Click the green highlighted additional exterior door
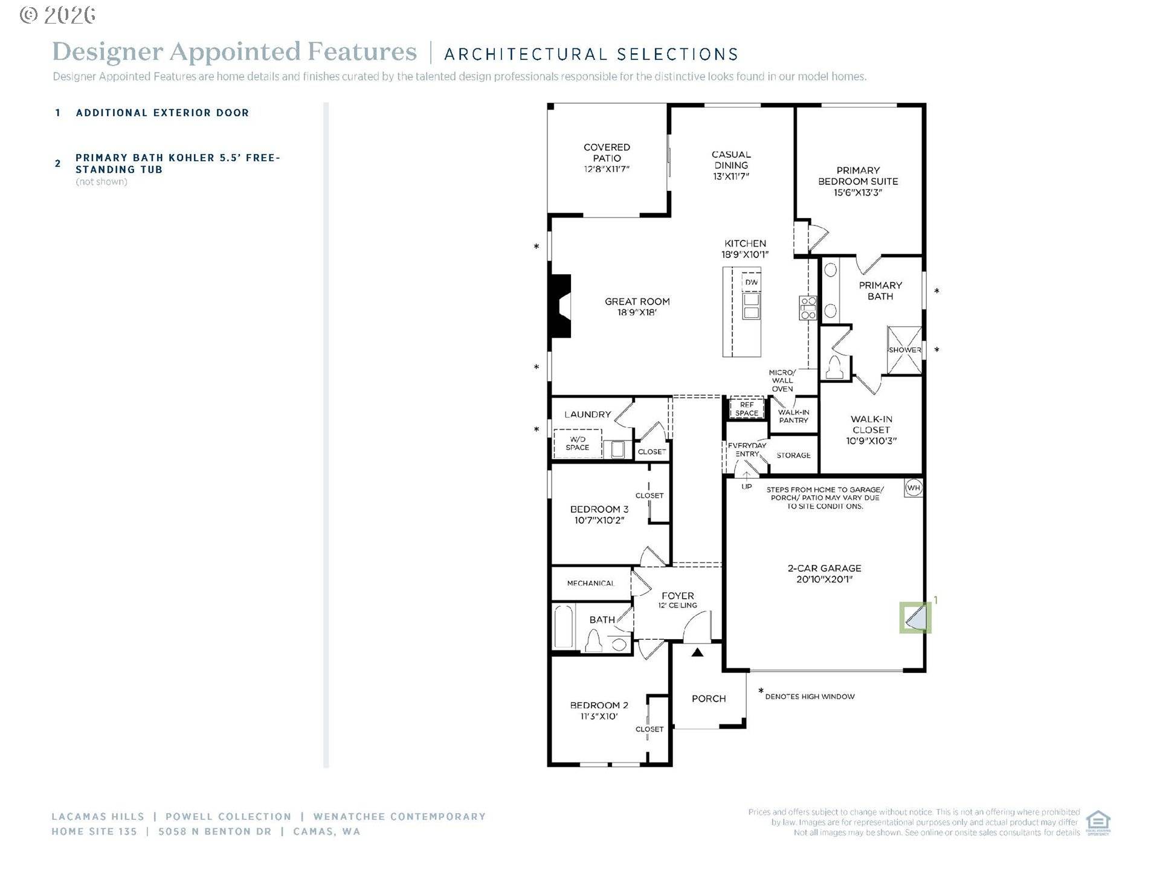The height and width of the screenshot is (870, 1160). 915,617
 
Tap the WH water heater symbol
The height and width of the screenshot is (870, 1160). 913,488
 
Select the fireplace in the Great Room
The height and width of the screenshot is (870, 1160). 560,306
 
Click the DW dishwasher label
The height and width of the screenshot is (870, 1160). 751,282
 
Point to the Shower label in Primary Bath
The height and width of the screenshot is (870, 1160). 904,350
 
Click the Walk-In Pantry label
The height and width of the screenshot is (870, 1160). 793,416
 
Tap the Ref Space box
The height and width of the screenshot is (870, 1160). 747,409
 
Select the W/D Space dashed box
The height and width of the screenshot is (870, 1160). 577,443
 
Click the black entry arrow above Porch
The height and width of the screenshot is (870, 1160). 697,652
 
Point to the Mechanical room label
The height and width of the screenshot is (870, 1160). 590,583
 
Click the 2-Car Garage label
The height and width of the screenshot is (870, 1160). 824,573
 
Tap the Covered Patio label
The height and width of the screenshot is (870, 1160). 607,158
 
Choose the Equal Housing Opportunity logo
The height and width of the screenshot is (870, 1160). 1098,822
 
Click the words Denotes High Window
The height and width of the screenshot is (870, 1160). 810,697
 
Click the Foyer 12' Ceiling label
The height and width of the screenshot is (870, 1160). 677,600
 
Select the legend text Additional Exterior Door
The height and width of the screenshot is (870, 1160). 162,113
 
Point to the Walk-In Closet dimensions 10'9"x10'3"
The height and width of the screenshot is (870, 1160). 871,441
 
